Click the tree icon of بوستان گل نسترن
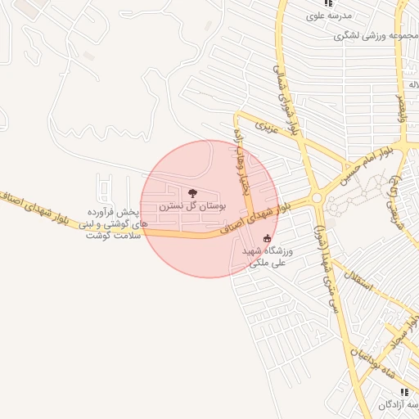point(192,193)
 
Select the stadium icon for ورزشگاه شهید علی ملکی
point(266,239)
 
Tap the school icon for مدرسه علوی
point(328,3)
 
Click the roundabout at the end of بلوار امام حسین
point(316,196)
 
